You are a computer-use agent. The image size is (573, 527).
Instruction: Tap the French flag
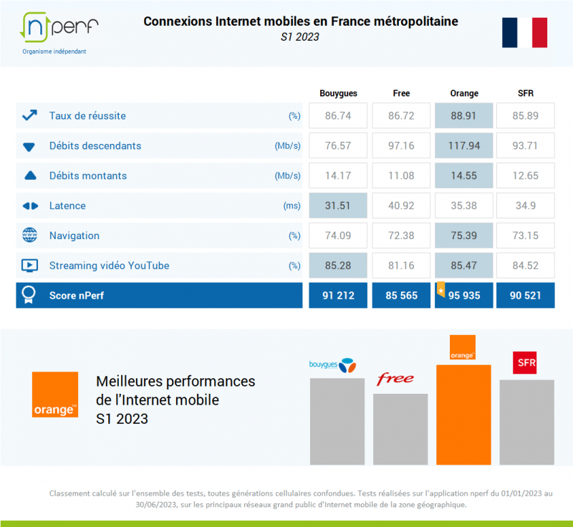[x=524, y=32]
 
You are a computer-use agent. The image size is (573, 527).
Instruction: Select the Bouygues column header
[x=338, y=93]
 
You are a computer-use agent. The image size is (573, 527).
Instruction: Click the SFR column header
[x=525, y=93]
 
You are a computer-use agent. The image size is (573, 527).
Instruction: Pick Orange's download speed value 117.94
[x=463, y=146]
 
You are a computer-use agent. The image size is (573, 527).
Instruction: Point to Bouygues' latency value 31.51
[x=338, y=206]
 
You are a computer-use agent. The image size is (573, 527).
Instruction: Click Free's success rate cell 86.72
[x=401, y=116]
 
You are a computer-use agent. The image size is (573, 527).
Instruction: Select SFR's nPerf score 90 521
[x=525, y=296]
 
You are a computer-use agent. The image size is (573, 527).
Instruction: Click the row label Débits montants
[x=87, y=176]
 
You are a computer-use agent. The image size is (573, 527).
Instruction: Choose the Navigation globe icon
[x=30, y=236]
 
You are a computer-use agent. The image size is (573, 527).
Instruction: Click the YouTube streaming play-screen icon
[x=30, y=266]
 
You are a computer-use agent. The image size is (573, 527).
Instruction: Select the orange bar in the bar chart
[x=463, y=415]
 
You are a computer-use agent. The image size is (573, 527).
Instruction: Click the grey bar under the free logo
[x=400, y=429]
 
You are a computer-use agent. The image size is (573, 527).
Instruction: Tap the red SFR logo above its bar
[x=525, y=362]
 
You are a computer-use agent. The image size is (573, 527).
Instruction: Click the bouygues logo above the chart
[x=332, y=364]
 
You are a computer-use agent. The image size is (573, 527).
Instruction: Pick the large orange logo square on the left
[x=55, y=395]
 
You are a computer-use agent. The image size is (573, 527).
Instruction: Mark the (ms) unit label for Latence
[x=292, y=206]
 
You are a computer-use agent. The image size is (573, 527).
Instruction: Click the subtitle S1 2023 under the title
[x=300, y=37]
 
